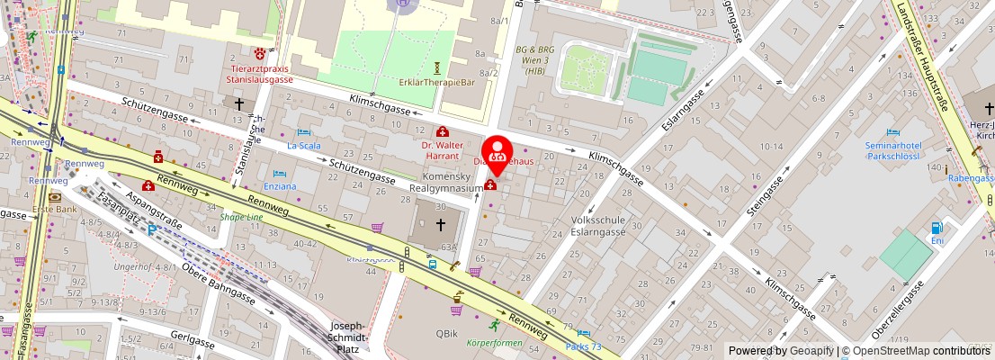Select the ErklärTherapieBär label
436,82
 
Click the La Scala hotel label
303,144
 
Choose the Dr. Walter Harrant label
442,150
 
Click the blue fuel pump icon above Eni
937,228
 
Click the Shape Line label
242,217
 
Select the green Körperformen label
494,343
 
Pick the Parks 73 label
583,346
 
